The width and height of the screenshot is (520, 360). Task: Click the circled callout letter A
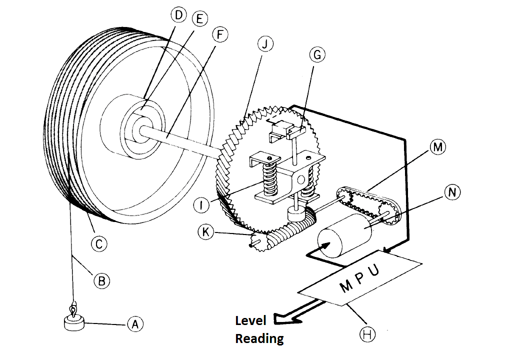pyautogui.click(x=134, y=324)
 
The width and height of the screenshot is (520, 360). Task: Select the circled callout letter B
pyautogui.click(x=101, y=280)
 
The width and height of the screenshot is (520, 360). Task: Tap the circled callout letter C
pyautogui.click(x=98, y=243)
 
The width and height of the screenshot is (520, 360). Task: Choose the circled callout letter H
pyautogui.click(x=368, y=334)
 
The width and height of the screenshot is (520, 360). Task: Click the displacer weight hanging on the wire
pyautogui.click(x=74, y=322)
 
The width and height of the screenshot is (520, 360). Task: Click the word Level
pyautogui.click(x=251, y=320)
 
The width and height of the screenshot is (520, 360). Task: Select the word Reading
pyautogui.click(x=259, y=338)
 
